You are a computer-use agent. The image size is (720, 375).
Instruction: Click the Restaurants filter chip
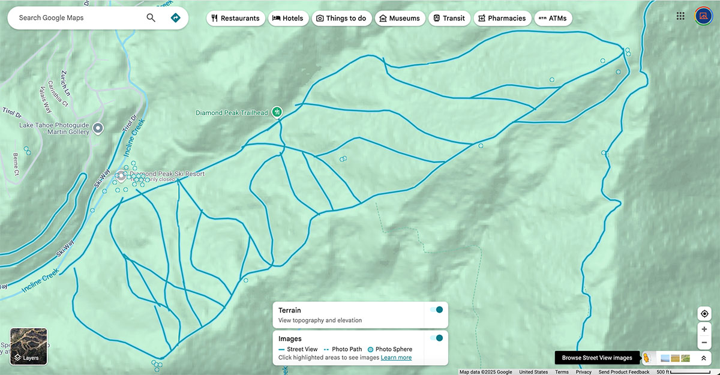235,18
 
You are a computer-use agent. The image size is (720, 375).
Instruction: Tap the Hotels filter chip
289,18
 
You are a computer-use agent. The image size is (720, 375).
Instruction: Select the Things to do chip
341,18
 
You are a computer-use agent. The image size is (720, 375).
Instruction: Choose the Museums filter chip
400,18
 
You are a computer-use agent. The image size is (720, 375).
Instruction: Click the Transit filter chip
449,18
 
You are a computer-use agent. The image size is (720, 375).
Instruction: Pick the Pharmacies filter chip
502,18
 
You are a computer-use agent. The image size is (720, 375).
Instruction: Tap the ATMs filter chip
553,18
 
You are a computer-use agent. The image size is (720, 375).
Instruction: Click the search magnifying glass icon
151,17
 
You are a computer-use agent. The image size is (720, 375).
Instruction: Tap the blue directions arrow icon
176,17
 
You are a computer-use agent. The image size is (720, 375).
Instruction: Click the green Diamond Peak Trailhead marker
277,112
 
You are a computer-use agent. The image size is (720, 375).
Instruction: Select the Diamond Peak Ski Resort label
167,174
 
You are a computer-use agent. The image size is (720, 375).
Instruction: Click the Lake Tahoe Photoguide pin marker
98,127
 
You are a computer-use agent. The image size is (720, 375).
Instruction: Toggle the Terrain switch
436,310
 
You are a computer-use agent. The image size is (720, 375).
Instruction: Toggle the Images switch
436,338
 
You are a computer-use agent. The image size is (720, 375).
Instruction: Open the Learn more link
396,358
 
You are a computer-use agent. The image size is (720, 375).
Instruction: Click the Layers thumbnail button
29,346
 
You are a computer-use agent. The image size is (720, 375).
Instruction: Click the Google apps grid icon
680,16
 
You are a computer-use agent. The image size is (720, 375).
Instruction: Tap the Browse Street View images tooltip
596,358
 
